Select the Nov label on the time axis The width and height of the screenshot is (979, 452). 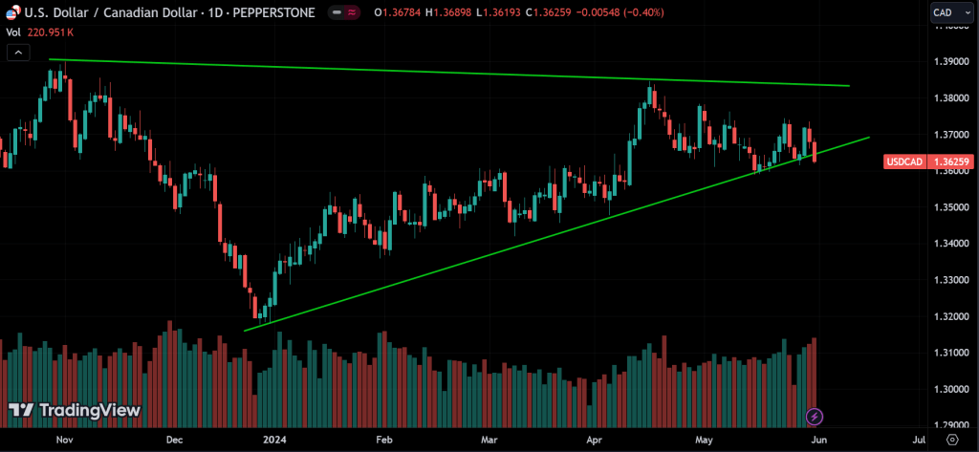point(64,440)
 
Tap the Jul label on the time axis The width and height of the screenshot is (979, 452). point(919,440)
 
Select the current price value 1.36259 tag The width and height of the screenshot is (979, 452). point(952,162)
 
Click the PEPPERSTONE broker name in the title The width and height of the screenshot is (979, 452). point(276,12)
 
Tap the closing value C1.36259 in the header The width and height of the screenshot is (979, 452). point(538,12)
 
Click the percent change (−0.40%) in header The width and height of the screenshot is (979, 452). point(637,12)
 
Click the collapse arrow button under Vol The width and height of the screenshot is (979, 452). point(17,52)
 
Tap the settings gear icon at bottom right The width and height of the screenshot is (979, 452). point(951,440)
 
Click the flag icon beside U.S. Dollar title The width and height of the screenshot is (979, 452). point(9,11)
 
